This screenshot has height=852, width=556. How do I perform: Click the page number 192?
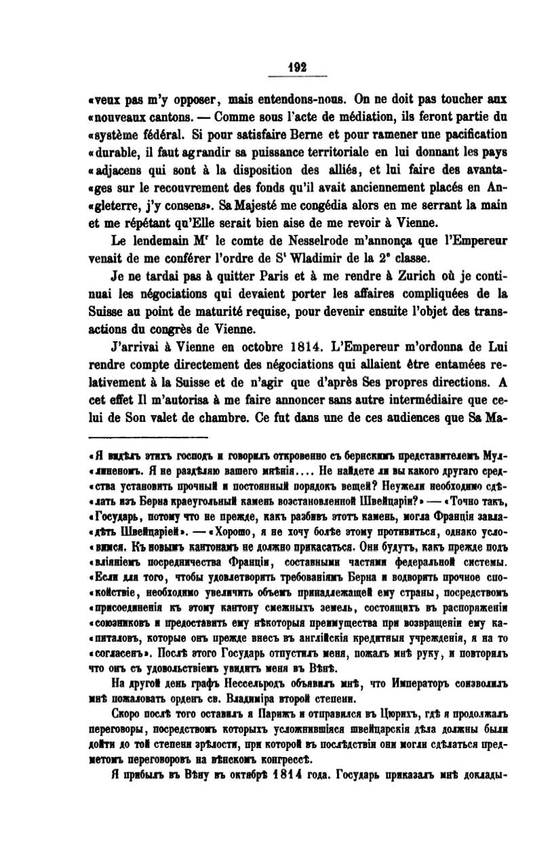coord(298,67)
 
